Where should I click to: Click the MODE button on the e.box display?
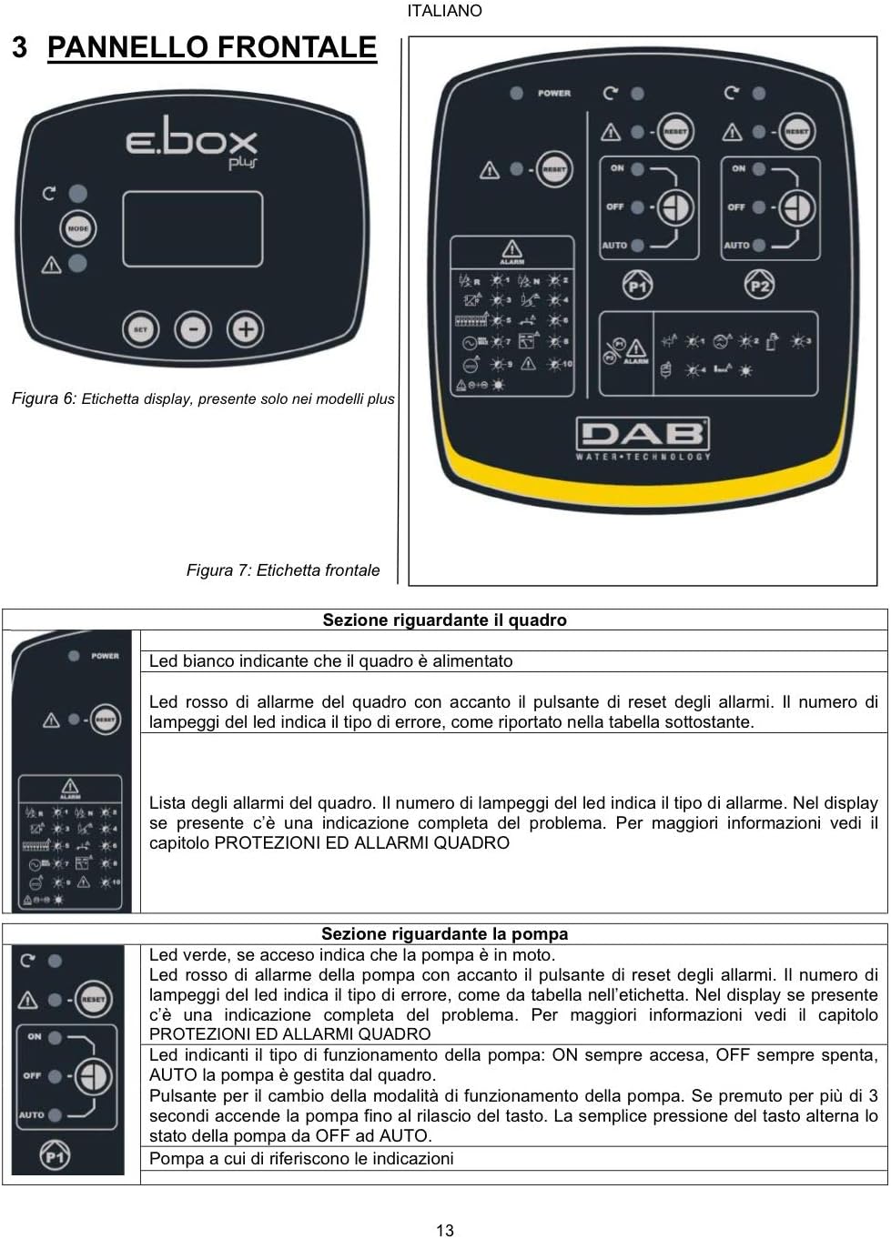pos(78,228)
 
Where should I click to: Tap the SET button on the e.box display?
pos(140,329)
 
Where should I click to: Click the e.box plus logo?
pos(193,146)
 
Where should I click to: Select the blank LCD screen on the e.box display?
pos(193,229)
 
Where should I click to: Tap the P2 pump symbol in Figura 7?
pos(759,286)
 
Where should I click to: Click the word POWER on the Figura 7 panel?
pos(553,93)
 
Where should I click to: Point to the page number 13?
pos(445,1230)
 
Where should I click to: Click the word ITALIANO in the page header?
pos(445,11)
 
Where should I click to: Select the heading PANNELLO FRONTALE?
pos(211,47)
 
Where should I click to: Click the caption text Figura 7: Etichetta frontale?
pos(283,570)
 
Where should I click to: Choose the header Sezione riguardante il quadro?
pos(445,620)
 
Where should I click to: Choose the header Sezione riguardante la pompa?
pos(445,934)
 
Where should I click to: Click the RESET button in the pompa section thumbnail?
pos(93,999)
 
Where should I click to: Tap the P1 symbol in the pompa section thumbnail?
pos(55,1156)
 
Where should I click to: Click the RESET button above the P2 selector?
pos(796,131)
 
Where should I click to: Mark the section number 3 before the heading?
pos(20,47)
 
